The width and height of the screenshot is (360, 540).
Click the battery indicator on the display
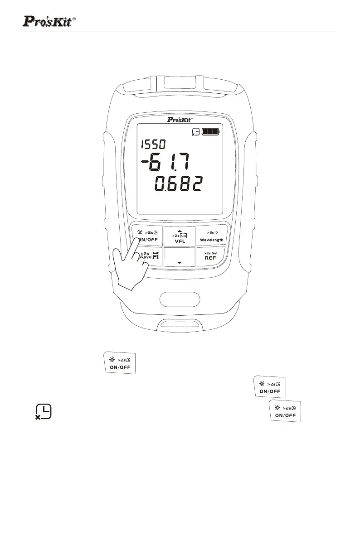210,132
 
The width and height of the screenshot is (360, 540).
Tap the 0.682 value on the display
177,184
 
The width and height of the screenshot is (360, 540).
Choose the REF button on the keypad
210,260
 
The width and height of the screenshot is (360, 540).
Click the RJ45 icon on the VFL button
183,235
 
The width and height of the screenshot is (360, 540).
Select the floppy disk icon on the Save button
155,256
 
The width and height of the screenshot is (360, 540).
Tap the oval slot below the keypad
180,300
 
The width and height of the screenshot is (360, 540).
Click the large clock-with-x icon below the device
44,411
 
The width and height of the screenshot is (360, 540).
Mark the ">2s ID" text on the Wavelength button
210,232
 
